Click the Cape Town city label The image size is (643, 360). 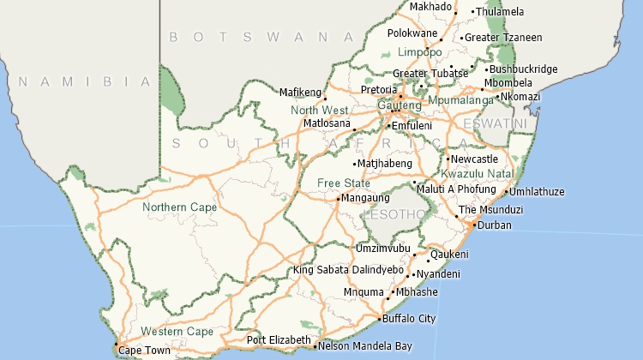144,350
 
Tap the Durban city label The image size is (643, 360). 494,225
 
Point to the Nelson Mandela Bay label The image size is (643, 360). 364,346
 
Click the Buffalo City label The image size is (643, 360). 409,319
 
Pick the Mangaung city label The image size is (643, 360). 366,198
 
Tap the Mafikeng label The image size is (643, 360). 300,92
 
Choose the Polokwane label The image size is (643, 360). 412,33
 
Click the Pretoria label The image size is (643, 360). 378,89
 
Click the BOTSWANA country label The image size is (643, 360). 261,37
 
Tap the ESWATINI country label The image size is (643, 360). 495,123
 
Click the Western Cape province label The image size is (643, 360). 177,332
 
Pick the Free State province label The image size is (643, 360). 343,183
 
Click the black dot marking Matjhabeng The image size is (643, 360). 354,163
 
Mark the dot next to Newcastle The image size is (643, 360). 448,159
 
